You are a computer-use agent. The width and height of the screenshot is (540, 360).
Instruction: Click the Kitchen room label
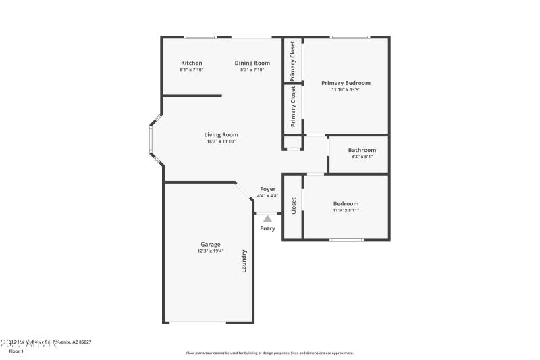191,63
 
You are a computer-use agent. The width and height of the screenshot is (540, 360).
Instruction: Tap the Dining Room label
252,63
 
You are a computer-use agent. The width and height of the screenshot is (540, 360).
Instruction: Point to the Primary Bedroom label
346,83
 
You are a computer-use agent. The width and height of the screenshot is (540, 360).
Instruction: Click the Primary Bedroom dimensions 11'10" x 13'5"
346,90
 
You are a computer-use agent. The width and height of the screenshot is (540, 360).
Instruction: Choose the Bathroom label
362,150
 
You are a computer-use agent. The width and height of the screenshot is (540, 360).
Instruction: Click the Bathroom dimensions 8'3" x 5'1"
362,157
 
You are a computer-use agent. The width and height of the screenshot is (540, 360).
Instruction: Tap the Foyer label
268,189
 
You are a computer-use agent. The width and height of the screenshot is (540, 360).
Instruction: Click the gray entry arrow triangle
268,218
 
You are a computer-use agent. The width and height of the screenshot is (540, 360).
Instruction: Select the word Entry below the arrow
268,228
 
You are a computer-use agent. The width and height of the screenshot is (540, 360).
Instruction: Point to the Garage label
210,245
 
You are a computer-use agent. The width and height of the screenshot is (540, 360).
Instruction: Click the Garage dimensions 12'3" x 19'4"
210,251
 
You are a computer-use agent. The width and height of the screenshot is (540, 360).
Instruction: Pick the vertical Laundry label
244,261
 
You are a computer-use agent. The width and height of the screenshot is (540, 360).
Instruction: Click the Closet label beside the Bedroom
293,206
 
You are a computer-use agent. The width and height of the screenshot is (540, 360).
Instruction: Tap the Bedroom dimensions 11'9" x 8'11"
346,210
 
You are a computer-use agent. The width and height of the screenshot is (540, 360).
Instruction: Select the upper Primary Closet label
292,61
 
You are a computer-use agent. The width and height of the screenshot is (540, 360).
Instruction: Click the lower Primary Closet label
293,107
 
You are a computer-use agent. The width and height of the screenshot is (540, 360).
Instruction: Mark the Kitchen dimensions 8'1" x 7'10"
191,70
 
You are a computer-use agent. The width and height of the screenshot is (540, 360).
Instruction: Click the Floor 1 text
16,351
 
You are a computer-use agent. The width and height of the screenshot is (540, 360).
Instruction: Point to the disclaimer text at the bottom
269,353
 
